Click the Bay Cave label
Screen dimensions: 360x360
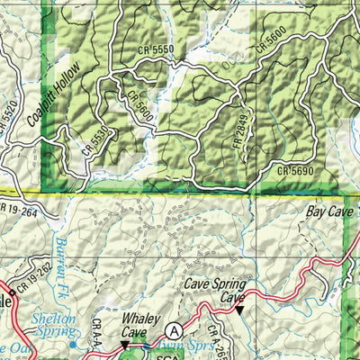[x=328, y=213]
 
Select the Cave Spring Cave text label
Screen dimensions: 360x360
[x=215, y=290]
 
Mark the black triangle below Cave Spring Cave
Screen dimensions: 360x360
[x=239, y=310]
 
